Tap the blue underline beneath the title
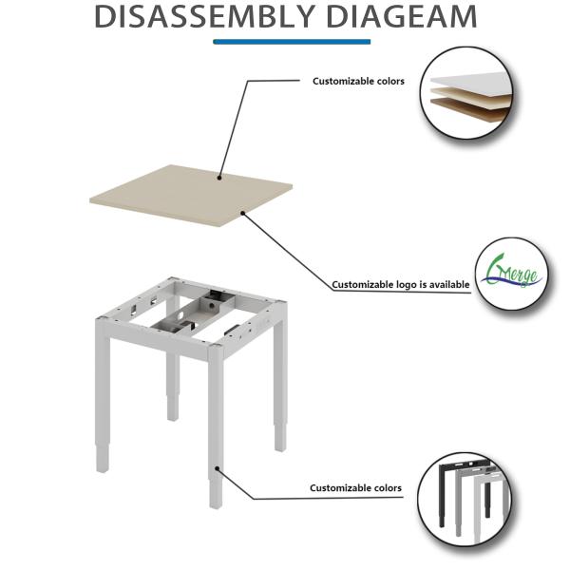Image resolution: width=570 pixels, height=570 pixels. (x=292, y=41)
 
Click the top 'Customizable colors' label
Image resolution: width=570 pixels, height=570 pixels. (x=358, y=82)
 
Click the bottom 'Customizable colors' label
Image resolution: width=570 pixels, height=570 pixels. (x=355, y=488)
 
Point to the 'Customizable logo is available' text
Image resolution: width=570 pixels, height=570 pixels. (x=400, y=284)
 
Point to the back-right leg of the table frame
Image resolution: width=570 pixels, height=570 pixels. (x=279, y=380)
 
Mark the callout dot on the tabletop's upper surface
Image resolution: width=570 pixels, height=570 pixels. (x=220, y=176)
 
